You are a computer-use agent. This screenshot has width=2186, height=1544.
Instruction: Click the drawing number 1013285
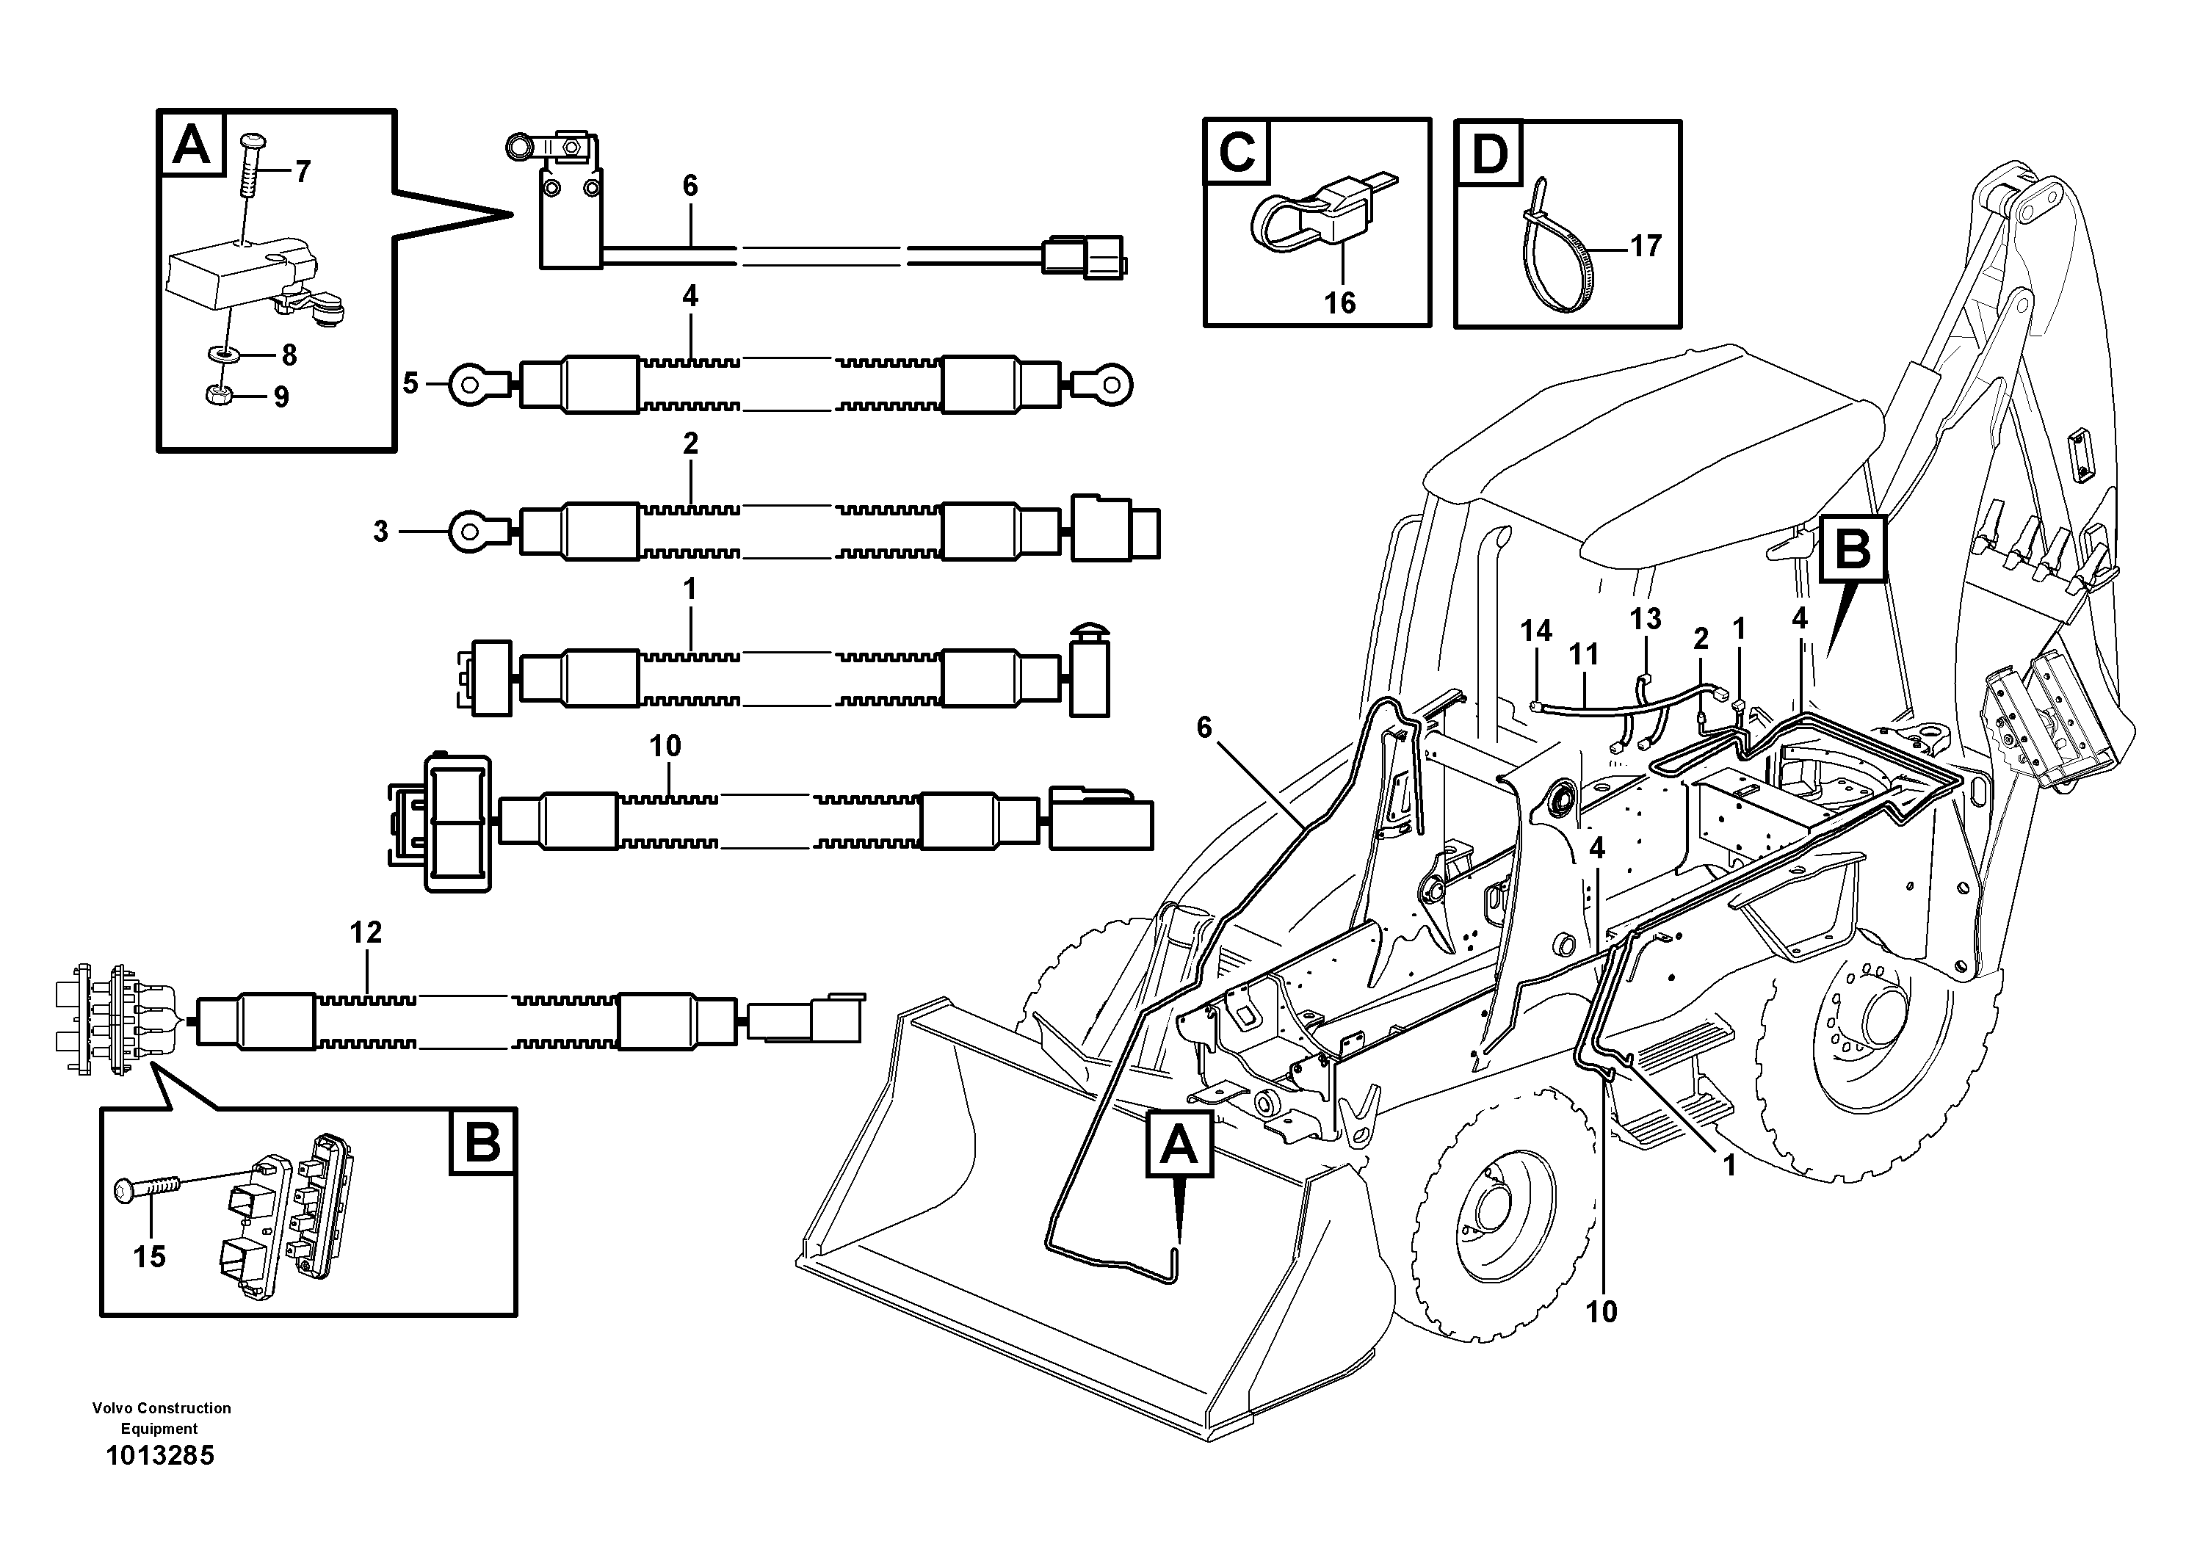160,1455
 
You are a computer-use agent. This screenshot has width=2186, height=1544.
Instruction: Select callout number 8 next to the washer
289,355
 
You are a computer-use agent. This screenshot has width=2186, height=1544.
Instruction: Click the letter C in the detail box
1237,151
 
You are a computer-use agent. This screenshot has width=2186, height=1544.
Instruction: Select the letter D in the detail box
1489,153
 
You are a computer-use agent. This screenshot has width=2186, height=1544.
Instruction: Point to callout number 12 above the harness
366,932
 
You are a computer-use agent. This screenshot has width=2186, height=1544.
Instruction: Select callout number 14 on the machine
1535,630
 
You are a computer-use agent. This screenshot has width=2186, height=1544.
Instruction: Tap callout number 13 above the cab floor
1646,619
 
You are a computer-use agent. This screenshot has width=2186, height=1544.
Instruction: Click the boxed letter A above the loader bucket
1179,1146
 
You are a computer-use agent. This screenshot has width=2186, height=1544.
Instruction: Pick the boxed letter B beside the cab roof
1852,549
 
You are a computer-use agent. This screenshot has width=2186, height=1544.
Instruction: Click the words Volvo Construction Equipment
161,1418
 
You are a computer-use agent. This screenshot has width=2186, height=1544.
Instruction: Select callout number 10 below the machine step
1602,1312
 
